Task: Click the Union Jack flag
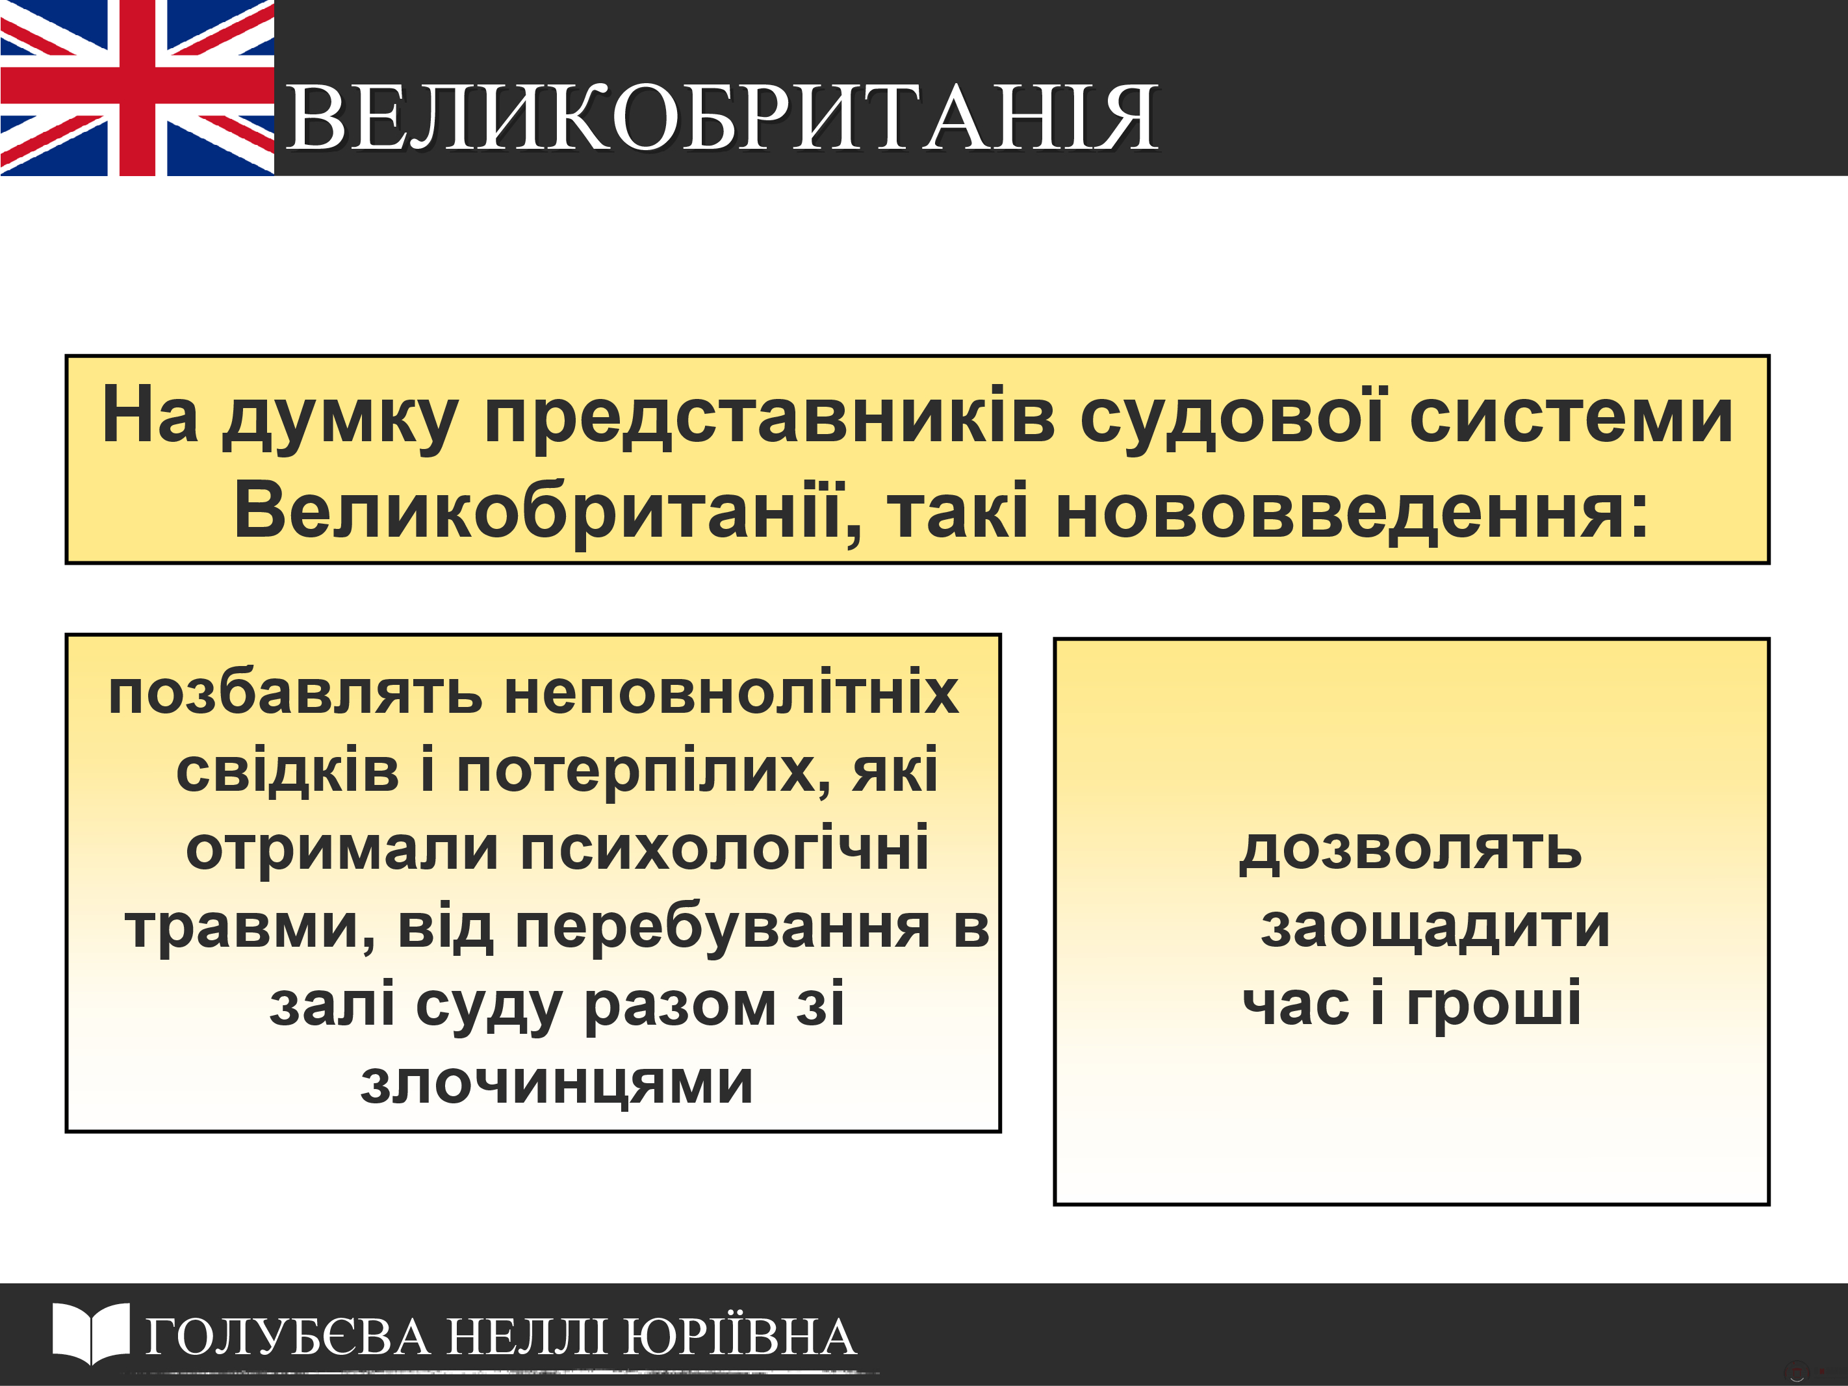pyautogui.click(x=137, y=88)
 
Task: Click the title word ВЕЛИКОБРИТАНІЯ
pyautogui.click(x=722, y=118)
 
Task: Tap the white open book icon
pyautogui.click(x=91, y=1333)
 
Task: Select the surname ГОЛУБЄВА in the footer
pyautogui.click(x=289, y=1337)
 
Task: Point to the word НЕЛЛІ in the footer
pyautogui.click(x=527, y=1337)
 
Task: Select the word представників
pyautogui.click(x=770, y=418)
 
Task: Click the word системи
pyautogui.click(x=1571, y=418)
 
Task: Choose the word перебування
pyautogui.click(x=723, y=927)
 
